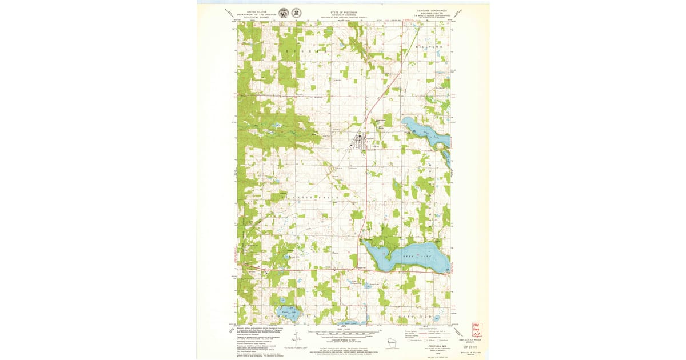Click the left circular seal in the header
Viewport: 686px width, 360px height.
[284, 13]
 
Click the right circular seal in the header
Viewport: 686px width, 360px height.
[296, 13]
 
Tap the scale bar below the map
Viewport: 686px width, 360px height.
[342, 332]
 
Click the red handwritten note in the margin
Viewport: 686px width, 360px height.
[476, 330]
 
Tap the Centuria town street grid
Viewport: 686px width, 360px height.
[362, 142]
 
